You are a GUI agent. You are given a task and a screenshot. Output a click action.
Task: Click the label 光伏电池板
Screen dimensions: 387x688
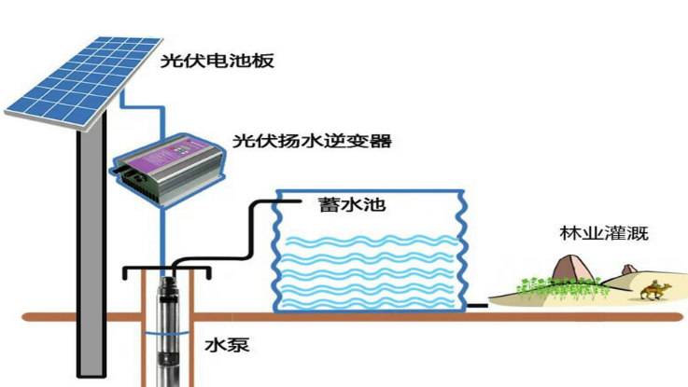(x=212, y=62)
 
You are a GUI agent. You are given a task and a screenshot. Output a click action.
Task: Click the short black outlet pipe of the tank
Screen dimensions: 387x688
(x=477, y=304)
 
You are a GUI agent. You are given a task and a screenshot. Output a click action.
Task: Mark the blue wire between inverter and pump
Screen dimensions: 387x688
(x=163, y=233)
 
